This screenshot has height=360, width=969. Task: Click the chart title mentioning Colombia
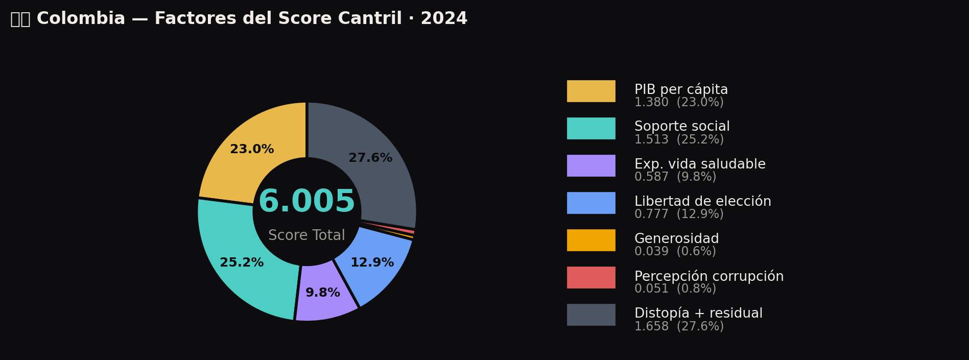[239, 19]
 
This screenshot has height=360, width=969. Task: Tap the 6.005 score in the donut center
[306, 202]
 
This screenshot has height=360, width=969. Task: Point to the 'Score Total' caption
[306, 235]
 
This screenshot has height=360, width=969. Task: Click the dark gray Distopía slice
[378, 174]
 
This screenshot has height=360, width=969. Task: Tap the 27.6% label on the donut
[370, 158]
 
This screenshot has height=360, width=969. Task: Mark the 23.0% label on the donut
[252, 150]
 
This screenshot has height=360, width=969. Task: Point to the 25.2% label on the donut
[242, 263]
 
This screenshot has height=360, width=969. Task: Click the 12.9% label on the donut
[372, 263]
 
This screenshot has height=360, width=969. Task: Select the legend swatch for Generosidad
[591, 240]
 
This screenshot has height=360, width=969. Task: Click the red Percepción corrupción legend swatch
[591, 277]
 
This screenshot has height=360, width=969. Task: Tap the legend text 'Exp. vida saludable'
[700, 164]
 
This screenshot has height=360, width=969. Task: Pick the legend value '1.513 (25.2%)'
[679, 140]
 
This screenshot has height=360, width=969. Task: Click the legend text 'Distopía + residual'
[698, 314]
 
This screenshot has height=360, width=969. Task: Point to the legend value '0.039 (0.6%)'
[675, 252]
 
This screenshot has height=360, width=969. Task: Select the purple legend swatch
[591, 165]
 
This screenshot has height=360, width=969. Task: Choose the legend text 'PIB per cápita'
[681, 90]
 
